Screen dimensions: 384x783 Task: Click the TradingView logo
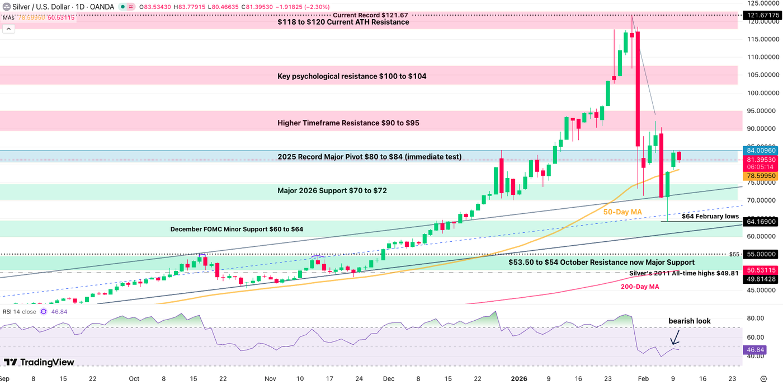tap(39, 362)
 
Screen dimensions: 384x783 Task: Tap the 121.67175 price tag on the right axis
tap(761, 15)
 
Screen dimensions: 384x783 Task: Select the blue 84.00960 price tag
tap(761, 150)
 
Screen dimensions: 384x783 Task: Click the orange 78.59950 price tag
tap(761, 175)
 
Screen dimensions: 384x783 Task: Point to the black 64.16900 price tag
tap(761, 221)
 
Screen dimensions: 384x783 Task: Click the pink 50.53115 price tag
tap(761, 270)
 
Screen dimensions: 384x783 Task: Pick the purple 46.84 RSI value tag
tap(752, 350)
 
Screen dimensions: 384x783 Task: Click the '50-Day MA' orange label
tap(622, 212)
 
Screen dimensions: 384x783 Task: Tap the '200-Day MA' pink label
tap(639, 286)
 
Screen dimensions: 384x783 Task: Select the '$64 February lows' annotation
tap(710, 216)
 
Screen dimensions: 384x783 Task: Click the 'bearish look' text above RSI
tap(689, 321)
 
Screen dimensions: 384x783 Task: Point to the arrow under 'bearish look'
tap(675, 337)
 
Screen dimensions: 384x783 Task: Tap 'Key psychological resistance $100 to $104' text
tap(352, 76)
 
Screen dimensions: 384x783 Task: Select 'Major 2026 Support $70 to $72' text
tap(332, 191)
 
